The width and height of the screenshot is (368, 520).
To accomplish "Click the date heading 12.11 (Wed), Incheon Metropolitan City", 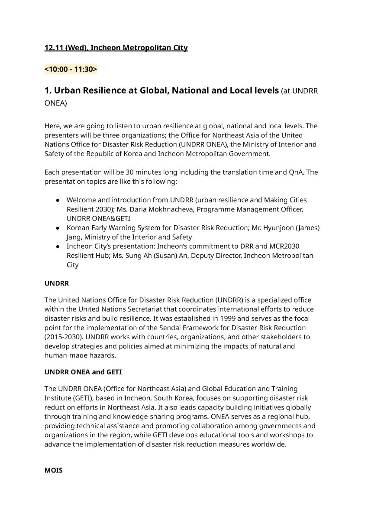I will [x=116, y=48].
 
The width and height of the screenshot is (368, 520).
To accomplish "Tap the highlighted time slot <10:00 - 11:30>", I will [x=71, y=69].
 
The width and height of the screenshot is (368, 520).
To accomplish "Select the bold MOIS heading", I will [x=53, y=470].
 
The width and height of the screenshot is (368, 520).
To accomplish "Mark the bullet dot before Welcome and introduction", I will [x=58, y=201].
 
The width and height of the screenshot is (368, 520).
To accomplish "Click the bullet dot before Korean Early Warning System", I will [x=58, y=228].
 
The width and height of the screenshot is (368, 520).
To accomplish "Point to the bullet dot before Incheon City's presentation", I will [x=58, y=247].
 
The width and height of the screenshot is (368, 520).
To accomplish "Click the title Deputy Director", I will [x=214, y=256].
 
